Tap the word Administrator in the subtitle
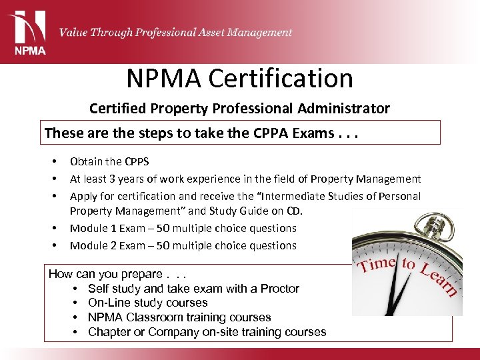(x=347, y=108)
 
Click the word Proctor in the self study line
(x=280, y=289)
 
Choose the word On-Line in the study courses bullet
(x=108, y=303)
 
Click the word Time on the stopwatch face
(x=377, y=265)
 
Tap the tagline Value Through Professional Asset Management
(x=175, y=32)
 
